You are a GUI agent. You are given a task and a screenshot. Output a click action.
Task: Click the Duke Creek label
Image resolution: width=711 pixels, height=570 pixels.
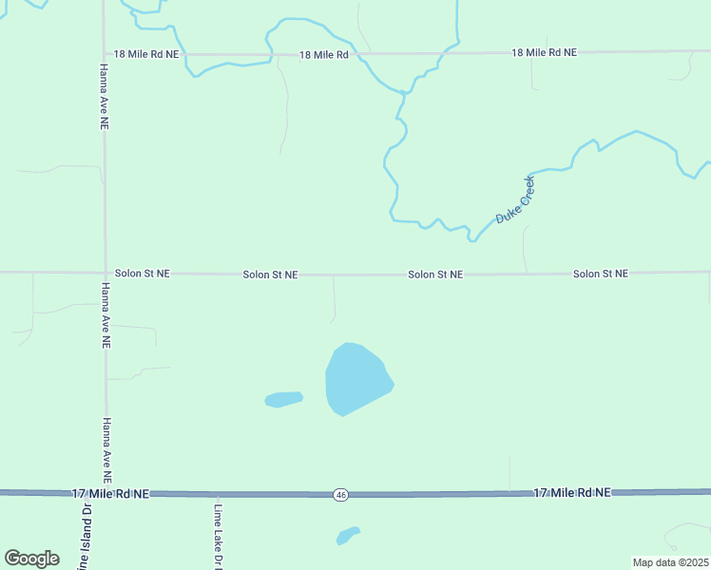click(x=516, y=199)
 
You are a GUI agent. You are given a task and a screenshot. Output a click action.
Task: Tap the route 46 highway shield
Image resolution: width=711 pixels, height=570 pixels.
click(x=340, y=495)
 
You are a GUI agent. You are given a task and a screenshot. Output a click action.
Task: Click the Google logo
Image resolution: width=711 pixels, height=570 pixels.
click(x=31, y=559)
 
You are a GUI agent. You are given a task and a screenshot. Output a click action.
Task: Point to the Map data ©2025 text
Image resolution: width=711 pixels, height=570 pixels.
click(x=671, y=562)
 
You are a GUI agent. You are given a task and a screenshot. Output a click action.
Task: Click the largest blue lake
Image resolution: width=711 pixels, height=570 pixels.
click(x=355, y=379)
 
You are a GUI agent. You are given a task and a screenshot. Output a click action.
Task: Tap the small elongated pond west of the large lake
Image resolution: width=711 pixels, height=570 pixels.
click(x=283, y=399)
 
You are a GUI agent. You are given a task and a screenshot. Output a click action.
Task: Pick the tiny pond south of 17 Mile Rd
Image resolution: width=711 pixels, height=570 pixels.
click(x=348, y=536)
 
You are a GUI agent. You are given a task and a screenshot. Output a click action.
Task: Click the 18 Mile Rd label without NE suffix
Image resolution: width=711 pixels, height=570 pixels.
click(x=323, y=55)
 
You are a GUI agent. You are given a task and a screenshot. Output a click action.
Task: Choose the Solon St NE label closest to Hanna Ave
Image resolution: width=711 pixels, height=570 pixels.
click(x=143, y=273)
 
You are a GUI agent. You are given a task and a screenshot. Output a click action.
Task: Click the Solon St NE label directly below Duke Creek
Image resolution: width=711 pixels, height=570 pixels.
click(x=435, y=275)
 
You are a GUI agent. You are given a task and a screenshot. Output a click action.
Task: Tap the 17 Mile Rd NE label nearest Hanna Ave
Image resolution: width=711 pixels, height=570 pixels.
click(x=111, y=494)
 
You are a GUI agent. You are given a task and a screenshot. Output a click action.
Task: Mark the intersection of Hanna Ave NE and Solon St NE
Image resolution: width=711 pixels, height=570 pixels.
click(x=105, y=273)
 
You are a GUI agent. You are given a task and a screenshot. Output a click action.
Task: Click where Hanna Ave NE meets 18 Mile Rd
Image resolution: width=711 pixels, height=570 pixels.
click(x=104, y=55)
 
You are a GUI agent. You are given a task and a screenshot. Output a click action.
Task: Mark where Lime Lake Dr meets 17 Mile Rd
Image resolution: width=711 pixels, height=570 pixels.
click(x=217, y=494)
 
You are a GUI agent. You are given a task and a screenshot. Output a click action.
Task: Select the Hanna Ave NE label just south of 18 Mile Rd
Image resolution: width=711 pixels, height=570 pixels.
click(x=103, y=97)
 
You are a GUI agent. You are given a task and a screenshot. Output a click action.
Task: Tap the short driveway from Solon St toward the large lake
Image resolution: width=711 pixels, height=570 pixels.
click(x=334, y=298)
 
